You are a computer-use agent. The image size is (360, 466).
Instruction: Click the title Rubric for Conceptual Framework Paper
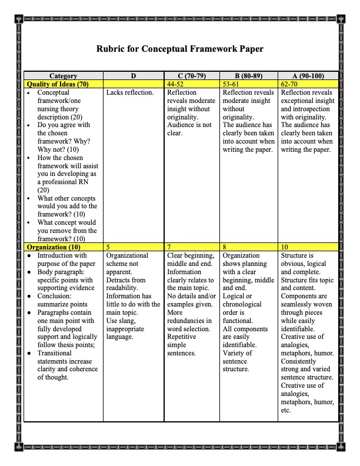click(180, 49)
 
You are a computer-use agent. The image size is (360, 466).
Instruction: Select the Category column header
click(63, 76)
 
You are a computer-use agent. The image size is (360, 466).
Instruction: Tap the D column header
click(134, 76)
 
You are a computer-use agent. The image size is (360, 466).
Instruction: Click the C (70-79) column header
click(192, 76)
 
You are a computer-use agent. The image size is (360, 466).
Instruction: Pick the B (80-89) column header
click(248, 76)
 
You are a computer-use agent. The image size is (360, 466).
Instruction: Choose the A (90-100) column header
click(308, 76)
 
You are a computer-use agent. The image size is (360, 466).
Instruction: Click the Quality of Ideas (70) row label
click(58, 84)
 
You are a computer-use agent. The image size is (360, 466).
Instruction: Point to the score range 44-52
click(176, 84)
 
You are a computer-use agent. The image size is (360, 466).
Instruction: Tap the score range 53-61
click(232, 84)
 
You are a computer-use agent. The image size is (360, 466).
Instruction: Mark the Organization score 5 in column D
click(108, 248)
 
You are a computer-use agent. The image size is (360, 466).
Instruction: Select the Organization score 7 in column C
click(169, 248)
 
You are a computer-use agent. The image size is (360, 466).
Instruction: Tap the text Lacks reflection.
click(130, 92)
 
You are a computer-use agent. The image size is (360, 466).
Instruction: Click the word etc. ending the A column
click(286, 411)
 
